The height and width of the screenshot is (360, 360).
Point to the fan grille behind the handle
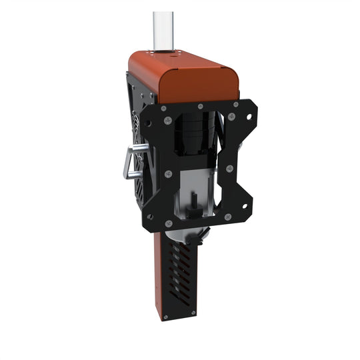point(136,147)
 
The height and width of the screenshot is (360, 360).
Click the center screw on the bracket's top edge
point(201,106)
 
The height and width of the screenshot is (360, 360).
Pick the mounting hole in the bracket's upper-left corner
point(149,123)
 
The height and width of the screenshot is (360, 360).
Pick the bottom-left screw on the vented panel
point(167,313)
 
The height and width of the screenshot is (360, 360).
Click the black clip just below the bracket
point(200,235)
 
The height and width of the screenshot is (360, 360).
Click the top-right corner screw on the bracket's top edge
point(236,104)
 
